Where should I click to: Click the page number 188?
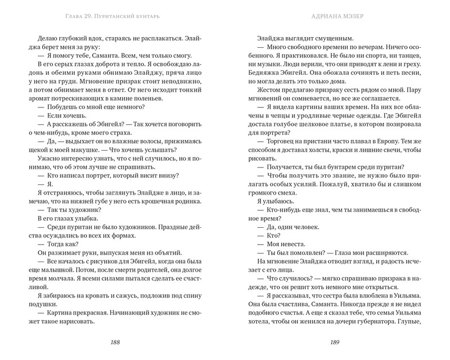click(x=115, y=343)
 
